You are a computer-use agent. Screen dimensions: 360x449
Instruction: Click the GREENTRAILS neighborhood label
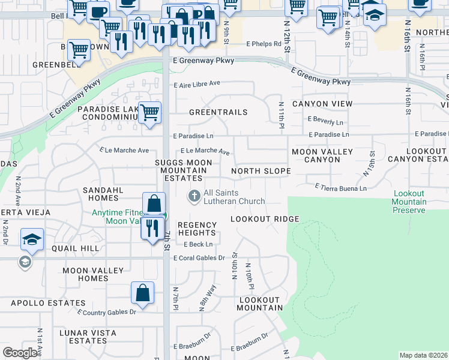pyautogui.click(x=218, y=112)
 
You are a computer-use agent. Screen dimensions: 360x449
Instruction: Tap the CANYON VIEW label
pyautogui.click(x=322, y=104)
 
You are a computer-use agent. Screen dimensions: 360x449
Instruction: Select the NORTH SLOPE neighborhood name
pyautogui.click(x=261, y=171)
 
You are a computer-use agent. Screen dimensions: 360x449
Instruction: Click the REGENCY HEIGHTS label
pyautogui.click(x=197, y=229)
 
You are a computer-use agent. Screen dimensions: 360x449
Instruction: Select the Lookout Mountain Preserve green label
pyautogui.click(x=410, y=202)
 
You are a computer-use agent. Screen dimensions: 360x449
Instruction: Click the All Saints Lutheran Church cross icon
pyautogui.click(x=194, y=196)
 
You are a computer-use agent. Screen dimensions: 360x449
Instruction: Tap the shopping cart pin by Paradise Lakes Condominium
pyautogui.click(x=149, y=112)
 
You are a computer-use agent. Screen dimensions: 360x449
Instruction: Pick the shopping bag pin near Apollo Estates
pyautogui.click(x=143, y=293)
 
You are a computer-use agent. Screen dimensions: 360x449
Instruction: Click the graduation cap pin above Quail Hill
pyautogui.click(x=32, y=239)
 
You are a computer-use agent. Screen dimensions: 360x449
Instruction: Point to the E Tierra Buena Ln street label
pyautogui.click(x=341, y=188)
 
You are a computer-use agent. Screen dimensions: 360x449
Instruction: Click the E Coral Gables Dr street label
pyautogui.click(x=199, y=258)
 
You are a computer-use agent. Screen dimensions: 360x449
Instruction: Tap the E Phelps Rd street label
pyautogui.click(x=264, y=44)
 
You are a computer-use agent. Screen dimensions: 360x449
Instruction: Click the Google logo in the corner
pyautogui.click(x=20, y=353)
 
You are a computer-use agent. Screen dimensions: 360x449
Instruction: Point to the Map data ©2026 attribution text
pyautogui.click(x=423, y=355)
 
